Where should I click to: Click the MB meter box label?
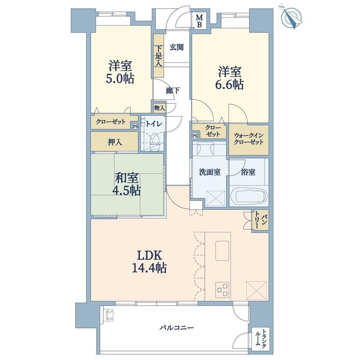tap(200, 21)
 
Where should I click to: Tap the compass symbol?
tap(292, 16)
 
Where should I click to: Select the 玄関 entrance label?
tap(176, 47)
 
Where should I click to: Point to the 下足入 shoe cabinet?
tap(158, 56)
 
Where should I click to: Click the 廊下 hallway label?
tap(173, 91)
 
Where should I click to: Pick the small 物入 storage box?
tap(159, 108)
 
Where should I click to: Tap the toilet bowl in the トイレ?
tap(154, 143)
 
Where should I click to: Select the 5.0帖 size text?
tap(120, 79)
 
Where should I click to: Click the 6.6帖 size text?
tap(229, 84)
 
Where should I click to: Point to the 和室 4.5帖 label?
tap(126, 184)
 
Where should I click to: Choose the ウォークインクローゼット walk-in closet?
tap(248, 140)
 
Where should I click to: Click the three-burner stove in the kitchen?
tap(222, 290)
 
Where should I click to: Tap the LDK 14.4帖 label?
tap(149, 261)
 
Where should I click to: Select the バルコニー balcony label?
tap(176, 328)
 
